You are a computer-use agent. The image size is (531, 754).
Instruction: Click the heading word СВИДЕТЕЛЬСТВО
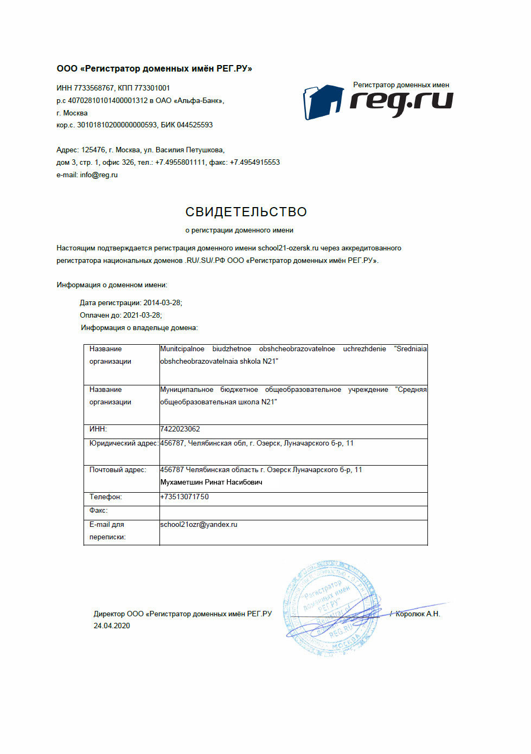click(246, 212)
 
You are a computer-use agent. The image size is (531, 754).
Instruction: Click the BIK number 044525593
click(195, 125)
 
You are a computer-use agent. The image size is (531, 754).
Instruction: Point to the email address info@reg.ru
click(99, 175)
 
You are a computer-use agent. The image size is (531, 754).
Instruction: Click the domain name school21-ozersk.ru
click(288, 248)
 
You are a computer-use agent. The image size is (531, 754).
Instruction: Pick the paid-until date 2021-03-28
click(142, 315)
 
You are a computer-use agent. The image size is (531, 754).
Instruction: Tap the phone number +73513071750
click(184, 497)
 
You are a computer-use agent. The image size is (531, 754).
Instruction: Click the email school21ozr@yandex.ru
click(199, 524)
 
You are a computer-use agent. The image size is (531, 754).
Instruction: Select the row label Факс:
click(99, 510)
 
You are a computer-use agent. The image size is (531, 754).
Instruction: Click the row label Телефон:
click(105, 497)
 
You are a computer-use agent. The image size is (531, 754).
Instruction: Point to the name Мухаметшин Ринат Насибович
click(211, 482)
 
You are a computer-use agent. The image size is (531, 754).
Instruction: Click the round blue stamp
click(330, 608)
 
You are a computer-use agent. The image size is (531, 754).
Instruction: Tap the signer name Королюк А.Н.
click(418, 614)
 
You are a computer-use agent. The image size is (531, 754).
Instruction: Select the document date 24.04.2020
click(112, 626)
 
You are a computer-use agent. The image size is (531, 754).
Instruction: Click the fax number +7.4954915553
click(255, 162)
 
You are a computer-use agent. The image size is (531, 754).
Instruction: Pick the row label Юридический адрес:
click(124, 443)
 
